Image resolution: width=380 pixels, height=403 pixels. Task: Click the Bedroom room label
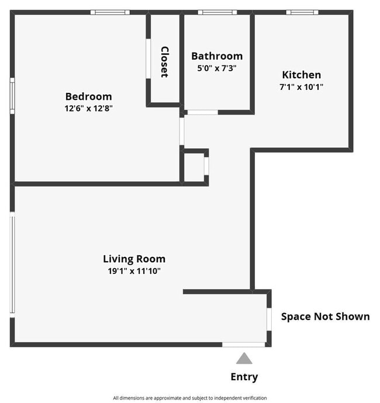[x=88, y=96]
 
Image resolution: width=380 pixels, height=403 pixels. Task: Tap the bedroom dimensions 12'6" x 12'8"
[x=88, y=109]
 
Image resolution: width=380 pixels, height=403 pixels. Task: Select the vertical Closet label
[x=164, y=62]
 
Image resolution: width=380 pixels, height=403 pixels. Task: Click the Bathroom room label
[x=217, y=56]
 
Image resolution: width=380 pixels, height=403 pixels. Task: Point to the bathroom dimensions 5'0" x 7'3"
[x=217, y=68]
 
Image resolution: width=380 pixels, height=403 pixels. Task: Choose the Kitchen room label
[x=302, y=75]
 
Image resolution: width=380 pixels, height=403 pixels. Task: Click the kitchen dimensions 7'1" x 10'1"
[x=302, y=86]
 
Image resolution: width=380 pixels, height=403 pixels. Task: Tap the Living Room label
[x=134, y=259]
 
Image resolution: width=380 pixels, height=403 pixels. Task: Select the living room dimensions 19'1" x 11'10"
[x=134, y=270]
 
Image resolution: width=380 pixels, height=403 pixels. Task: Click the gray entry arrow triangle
[x=244, y=358]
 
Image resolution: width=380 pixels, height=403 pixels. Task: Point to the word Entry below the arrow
[x=244, y=377]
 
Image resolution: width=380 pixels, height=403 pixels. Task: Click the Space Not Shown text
[x=325, y=317]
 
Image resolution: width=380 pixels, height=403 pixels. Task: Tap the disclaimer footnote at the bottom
[x=189, y=398]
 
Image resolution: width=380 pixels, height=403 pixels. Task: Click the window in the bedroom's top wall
[x=110, y=12]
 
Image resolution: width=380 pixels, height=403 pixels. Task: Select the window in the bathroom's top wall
[x=217, y=12]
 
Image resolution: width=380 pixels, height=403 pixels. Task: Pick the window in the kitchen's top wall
[x=302, y=12]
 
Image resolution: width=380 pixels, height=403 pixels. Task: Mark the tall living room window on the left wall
[x=12, y=264]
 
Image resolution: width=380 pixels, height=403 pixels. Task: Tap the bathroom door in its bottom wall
[x=202, y=112]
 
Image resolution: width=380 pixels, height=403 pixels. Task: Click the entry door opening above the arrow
[x=244, y=345]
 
